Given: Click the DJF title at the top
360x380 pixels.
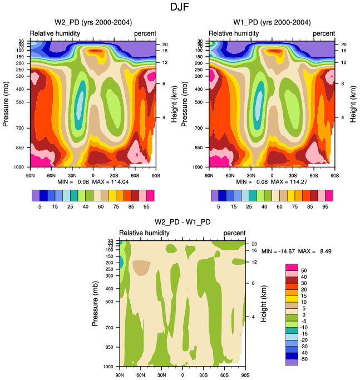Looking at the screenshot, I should pos(180,7).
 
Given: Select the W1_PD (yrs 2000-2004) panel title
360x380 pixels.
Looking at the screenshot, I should pos(272,22).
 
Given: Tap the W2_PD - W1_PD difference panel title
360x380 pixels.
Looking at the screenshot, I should pos(182,223).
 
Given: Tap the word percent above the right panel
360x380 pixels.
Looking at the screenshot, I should pos(324,33).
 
